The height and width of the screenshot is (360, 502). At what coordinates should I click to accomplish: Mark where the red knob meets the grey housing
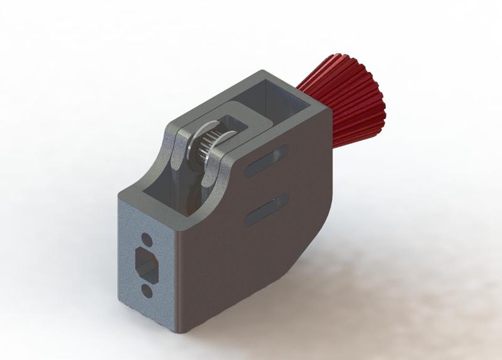point(314,94)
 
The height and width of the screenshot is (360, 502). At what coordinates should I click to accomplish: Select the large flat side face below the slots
point(251,263)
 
